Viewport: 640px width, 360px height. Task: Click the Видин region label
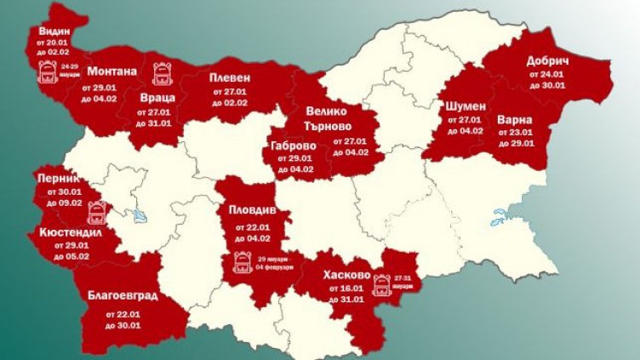[49, 32]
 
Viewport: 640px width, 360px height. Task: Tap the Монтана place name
[111, 71]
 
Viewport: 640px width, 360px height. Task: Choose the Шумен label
[466, 106]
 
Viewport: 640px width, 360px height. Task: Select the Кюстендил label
[72, 231]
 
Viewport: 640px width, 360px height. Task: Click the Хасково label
[346, 275]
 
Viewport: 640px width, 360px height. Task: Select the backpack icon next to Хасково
[381, 286]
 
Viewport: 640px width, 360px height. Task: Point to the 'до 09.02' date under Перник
[64, 203]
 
